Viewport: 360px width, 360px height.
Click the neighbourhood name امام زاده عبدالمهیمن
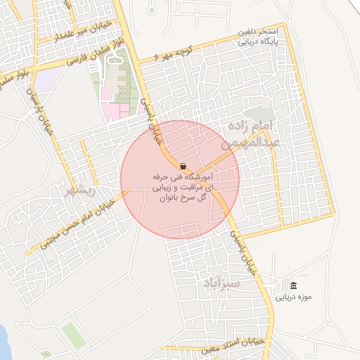coord(254,134)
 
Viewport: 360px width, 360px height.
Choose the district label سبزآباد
coord(222,283)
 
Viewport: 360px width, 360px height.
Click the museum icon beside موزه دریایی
coord(292,285)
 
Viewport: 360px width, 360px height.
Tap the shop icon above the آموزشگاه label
coord(183,166)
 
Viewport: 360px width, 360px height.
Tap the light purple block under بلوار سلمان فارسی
coord(44,79)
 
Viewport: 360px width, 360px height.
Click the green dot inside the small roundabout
coord(152,10)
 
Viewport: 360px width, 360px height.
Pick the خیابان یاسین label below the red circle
coord(248,250)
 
